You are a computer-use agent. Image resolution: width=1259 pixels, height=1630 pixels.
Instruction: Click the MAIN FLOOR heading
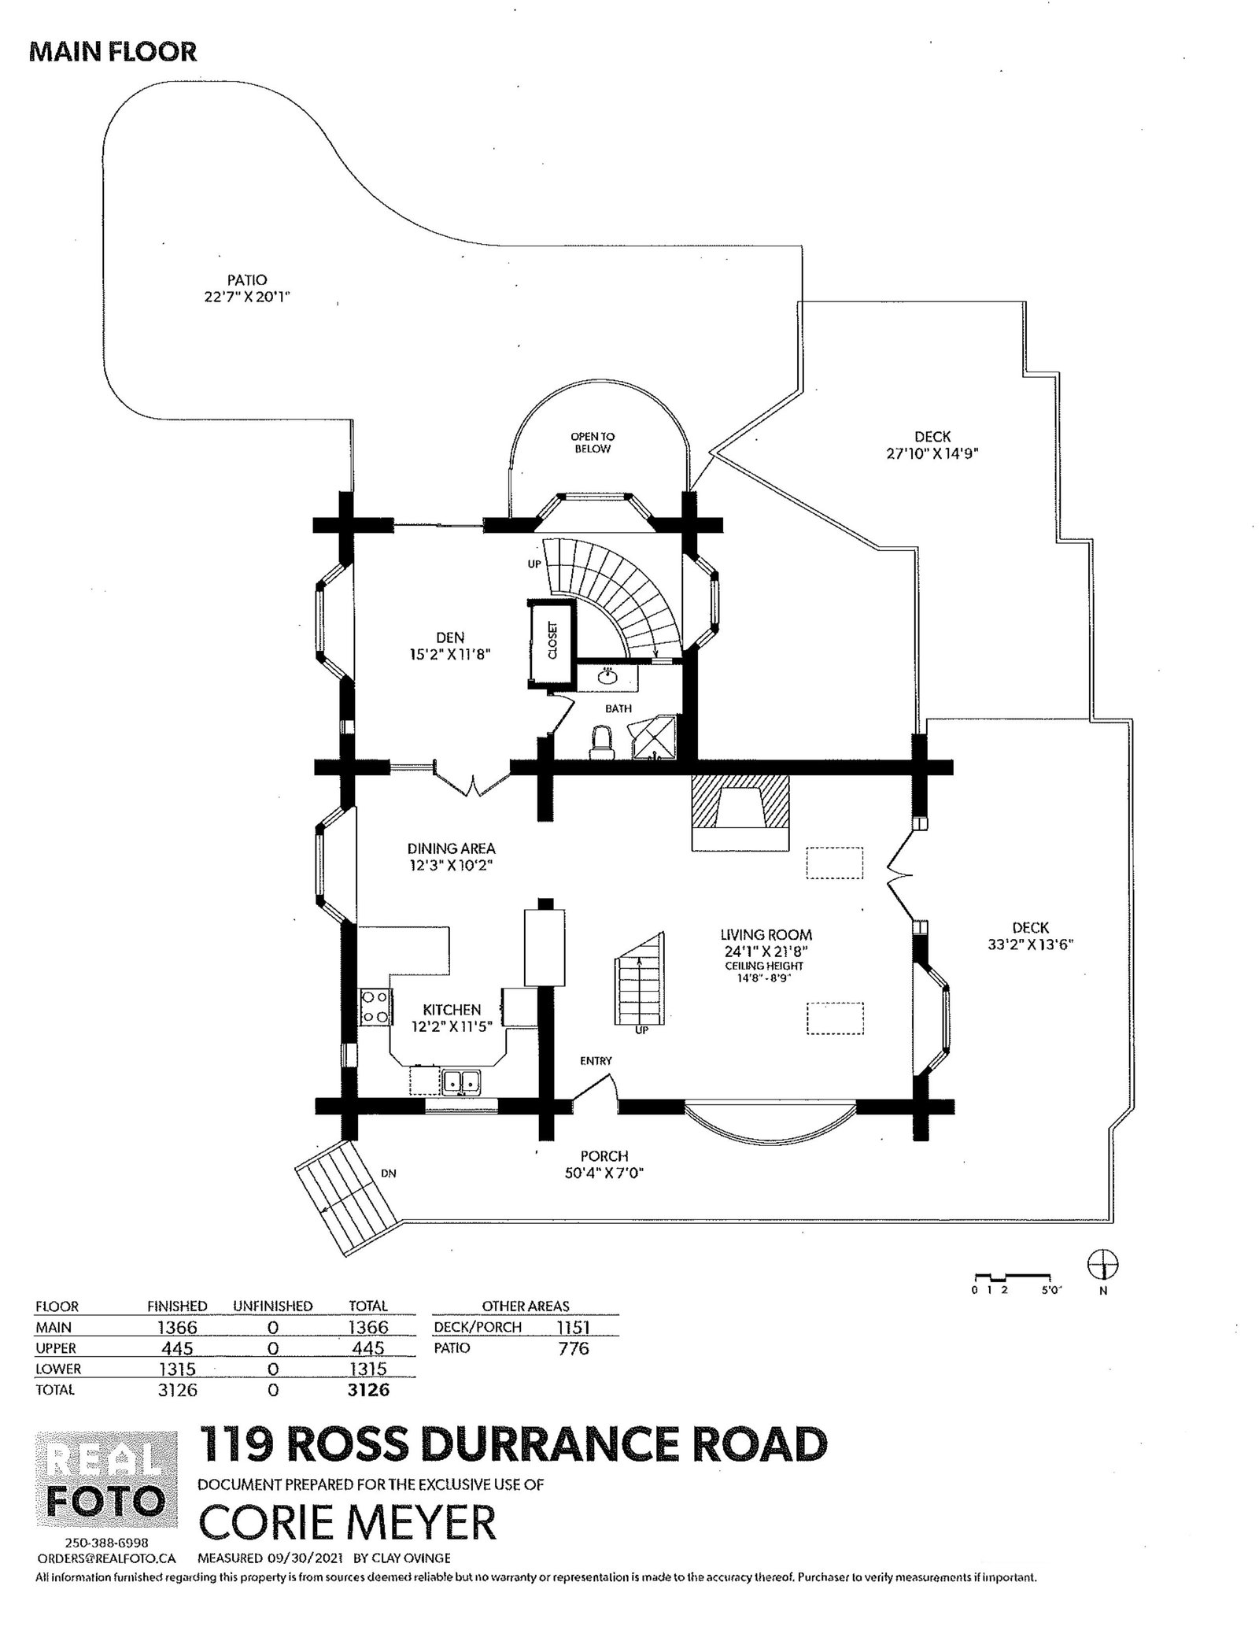(113, 52)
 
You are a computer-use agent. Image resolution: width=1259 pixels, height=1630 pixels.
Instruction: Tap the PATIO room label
(247, 280)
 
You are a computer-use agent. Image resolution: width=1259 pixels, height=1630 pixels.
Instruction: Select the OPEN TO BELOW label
(592, 442)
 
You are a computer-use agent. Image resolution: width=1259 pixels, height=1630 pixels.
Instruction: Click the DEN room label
(450, 638)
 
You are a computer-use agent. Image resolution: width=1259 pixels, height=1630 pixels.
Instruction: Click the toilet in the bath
(602, 741)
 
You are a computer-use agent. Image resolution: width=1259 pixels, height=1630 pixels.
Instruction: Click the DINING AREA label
(451, 848)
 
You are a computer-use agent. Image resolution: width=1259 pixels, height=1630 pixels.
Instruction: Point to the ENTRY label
(596, 1061)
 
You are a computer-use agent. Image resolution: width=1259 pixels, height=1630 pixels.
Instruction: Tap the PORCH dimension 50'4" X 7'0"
(604, 1174)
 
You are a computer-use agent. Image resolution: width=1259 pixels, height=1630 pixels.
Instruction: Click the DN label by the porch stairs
(388, 1173)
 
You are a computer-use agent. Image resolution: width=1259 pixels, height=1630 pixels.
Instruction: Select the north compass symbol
(1103, 1266)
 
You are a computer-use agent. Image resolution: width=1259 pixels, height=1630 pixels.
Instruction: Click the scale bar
(1012, 1276)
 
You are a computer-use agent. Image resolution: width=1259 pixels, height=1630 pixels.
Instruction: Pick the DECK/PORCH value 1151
(573, 1327)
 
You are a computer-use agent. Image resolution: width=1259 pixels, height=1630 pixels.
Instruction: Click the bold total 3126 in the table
(368, 1390)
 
